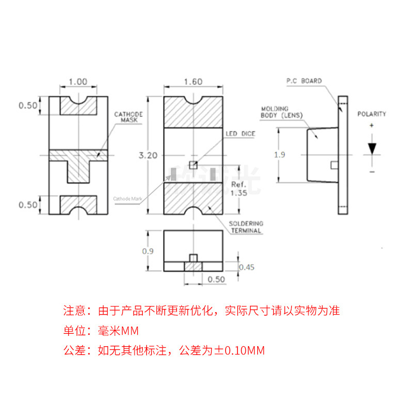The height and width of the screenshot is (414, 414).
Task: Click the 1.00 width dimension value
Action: pos(78,81)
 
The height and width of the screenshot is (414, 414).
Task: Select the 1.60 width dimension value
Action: pos(193,81)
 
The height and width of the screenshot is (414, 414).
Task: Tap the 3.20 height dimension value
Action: pos(149,155)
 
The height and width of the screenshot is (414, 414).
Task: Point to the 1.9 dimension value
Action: pos(279,154)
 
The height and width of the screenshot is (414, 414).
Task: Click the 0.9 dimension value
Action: pos(149,252)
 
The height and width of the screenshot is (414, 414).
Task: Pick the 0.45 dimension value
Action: pos(246,267)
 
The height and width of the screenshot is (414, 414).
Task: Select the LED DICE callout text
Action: pos(240,134)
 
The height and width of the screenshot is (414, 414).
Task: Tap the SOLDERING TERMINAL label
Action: pos(245,227)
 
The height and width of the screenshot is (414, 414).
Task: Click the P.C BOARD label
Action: pos(304,81)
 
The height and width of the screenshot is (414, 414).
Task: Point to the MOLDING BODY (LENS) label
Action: pos(282,112)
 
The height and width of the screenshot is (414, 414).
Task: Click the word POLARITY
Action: pos(372,114)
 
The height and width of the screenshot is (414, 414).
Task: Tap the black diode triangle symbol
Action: pos(372,147)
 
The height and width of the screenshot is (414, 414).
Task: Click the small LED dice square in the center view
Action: pos(193,165)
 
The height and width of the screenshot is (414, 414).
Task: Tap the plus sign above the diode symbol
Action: pos(372,126)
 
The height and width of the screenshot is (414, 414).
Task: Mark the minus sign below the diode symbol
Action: pos(372,170)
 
